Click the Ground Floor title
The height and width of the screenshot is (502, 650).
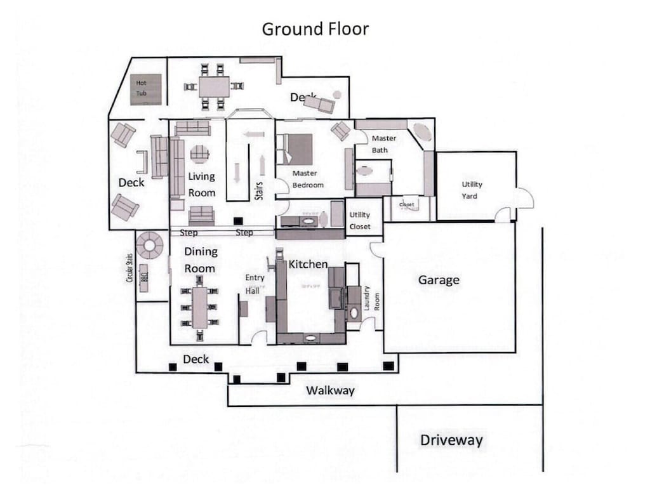click(x=315, y=29)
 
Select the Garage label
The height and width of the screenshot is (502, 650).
click(x=438, y=280)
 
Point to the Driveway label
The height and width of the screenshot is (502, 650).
click(x=451, y=440)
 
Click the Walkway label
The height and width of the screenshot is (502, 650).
click(x=330, y=390)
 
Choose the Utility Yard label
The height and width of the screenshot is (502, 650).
click(x=472, y=190)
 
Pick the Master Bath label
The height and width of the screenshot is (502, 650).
click(x=383, y=144)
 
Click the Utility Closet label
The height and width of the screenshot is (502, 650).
click(x=360, y=221)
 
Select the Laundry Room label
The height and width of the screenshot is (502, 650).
click(x=371, y=302)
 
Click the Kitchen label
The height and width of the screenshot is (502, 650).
click(x=308, y=263)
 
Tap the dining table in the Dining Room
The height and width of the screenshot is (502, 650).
click(x=200, y=307)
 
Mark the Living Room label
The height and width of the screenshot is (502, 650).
click(x=201, y=184)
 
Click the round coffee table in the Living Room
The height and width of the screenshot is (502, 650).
click(x=200, y=153)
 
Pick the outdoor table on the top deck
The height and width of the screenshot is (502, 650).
click(x=214, y=86)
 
